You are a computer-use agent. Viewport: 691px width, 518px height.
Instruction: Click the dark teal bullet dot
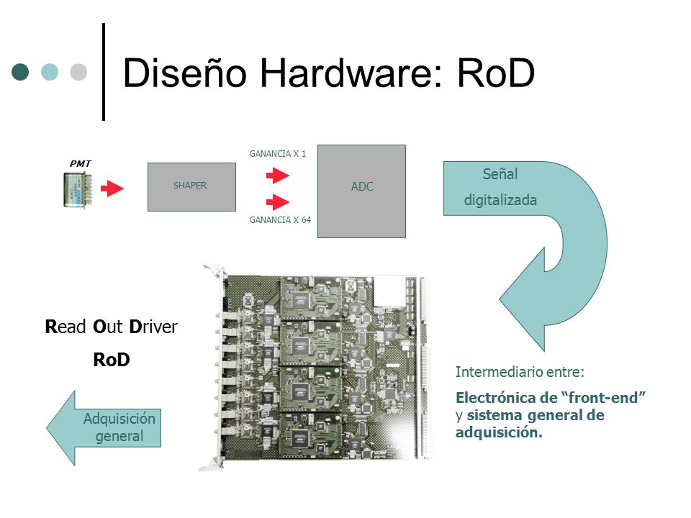point(20,72)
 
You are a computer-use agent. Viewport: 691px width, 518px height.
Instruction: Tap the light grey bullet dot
point(78,72)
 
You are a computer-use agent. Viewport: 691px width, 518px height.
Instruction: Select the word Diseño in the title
point(185,72)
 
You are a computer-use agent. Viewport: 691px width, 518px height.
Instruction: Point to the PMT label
point(80,163)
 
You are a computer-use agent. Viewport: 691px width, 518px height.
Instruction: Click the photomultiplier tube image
point(78,190)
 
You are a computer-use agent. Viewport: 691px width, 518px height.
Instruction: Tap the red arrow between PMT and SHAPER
point(112,188)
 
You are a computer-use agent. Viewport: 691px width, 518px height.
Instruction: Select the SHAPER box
point(191,187)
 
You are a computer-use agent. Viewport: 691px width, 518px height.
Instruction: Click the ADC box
point(362,191)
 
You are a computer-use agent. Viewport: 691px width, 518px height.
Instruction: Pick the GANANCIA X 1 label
point(278,154)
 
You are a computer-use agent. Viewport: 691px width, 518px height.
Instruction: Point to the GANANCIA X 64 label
point(280,220)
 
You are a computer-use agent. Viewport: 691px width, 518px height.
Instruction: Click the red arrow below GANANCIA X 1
point(278,176)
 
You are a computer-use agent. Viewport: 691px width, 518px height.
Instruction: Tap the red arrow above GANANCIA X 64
point(278,202)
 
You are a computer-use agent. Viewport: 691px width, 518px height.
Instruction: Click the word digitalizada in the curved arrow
point(500,201)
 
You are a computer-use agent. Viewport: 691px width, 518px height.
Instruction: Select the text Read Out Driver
point(111,327)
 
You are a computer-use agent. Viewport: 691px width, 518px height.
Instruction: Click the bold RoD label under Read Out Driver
point(112,360)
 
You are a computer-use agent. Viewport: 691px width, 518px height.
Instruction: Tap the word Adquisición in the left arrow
point(119,419)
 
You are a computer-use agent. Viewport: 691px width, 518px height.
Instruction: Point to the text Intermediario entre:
point(520,372)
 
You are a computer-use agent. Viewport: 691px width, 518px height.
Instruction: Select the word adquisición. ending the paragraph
point(499,432)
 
